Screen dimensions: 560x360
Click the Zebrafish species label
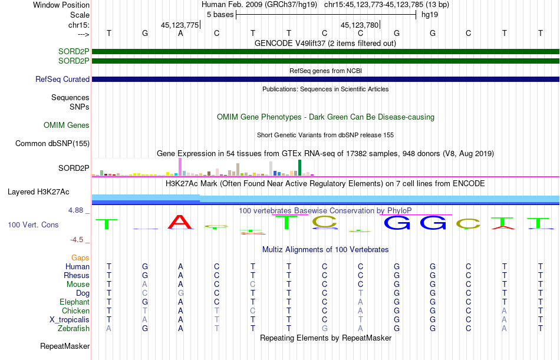(74, 329)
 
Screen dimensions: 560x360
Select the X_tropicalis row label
(70, 320)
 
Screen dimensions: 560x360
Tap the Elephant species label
(74, 302)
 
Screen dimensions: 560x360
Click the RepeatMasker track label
(65, 346)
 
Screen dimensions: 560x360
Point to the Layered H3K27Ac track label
(38, 192)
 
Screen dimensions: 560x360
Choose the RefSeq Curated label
(62, 80)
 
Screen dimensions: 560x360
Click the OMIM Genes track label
(66, 125)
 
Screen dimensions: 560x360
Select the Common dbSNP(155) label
(52, 144)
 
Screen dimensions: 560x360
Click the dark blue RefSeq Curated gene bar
(325, 80)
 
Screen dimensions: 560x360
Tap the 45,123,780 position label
(360, 25)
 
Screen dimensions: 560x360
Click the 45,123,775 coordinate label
(180, 25)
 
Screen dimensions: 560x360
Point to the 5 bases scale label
(220, 15)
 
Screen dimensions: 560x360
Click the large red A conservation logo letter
(180, 222)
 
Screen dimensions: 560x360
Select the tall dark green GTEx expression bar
(299, 167)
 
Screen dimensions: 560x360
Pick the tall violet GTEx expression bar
(180, 167)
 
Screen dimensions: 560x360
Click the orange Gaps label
(80, 258)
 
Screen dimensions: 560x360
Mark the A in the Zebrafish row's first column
(108, 329)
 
